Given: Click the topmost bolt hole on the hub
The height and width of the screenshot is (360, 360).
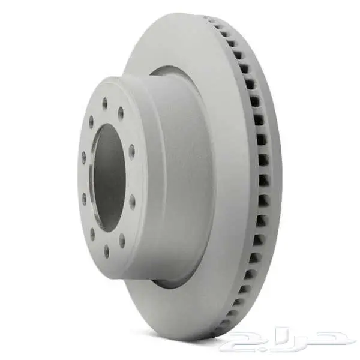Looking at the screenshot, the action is click(x=105, y=103).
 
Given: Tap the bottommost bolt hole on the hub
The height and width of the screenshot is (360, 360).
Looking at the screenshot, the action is click(x=107, y=251).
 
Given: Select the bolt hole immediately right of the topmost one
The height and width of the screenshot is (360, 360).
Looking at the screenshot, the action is click(x=121, y=113).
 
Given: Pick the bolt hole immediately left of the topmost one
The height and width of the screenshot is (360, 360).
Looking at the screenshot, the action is click(x=91, y=121).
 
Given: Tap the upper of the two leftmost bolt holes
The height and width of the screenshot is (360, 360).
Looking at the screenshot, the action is click(x=84, y=157).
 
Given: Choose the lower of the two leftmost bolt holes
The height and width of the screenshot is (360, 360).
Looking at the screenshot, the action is click(x=84, y=198).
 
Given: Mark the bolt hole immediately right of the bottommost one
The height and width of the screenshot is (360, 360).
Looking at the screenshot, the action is click(x=122, y=240).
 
